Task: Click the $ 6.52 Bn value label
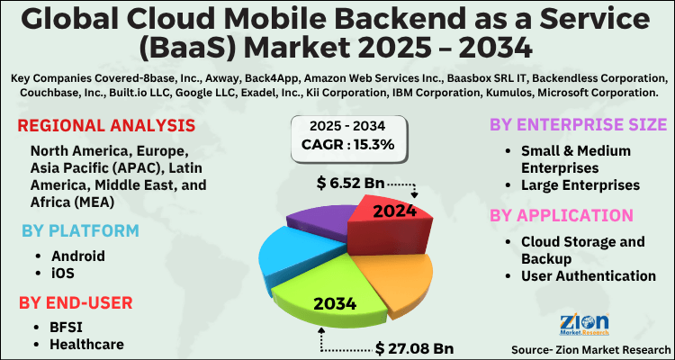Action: pyautogui.click(x=352, y=184)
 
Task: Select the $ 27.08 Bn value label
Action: pyautogui.click(x=415, y=346)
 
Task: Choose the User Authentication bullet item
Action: pyautogui.click(x=589, y=276)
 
